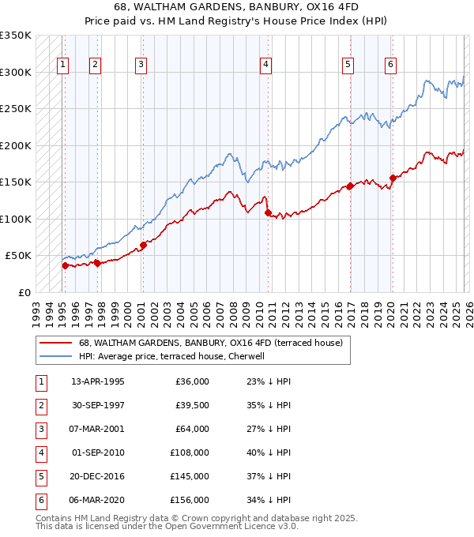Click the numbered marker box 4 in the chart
pos(266,65)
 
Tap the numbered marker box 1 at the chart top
pos(62,65)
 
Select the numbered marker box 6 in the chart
pos(390,65)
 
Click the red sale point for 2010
pos(268,212)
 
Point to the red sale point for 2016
pos(350,186)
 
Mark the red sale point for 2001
pos(143,245)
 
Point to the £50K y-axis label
pos(18,256)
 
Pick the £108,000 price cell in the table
pos(190,453)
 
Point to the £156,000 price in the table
pos(190,500)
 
